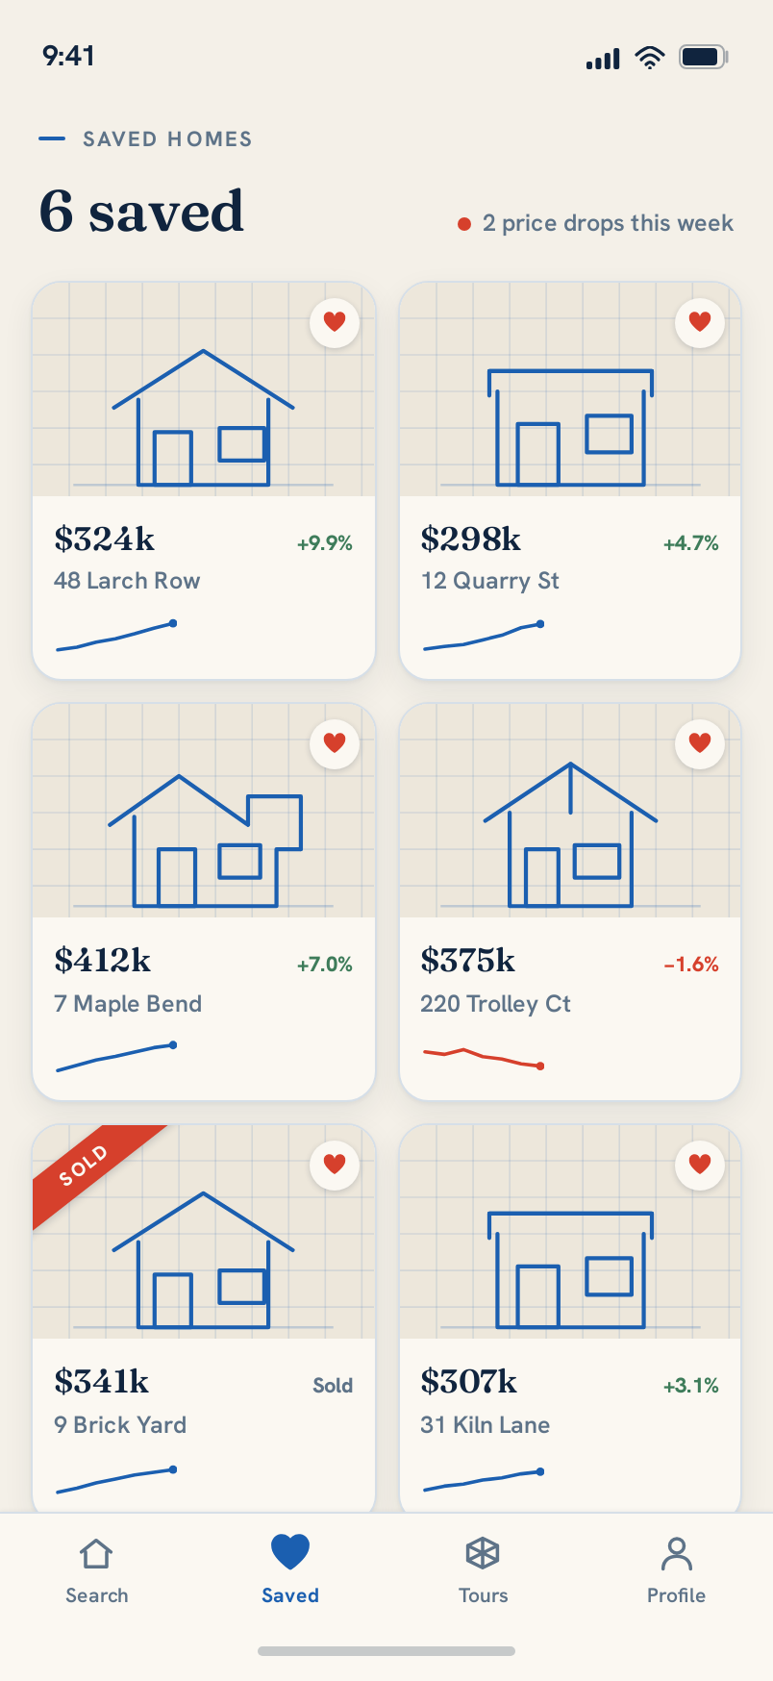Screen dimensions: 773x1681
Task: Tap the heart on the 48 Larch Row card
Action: (x=335, y=322)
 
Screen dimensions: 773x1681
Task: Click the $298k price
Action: (x=470, y=539)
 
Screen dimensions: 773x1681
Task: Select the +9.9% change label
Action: (x=325, y=543)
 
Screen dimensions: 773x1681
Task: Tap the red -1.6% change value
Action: (x=691, y=965)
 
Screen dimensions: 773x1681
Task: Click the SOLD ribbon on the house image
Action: (x=85, y=1166)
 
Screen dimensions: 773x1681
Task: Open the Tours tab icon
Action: (x=483, y=1552)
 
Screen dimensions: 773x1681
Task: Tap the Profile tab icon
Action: (x=677, y=1552)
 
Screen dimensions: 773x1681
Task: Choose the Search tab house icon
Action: (x=96, y=1553)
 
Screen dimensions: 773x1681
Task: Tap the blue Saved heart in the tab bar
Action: (x=290, y=1551)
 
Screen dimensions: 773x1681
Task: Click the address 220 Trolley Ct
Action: (x=495, y=1004)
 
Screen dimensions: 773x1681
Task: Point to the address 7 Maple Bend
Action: (x=128, y=1004)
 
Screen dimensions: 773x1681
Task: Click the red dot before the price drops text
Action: (x=464, y=224)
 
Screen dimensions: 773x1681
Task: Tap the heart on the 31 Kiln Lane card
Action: (x=700, y=1165)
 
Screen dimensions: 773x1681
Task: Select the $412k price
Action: (x=103, y=961)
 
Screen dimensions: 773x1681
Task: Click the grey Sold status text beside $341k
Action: (x=333, y=1386)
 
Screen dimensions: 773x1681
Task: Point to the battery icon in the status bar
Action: (x=704, y=57)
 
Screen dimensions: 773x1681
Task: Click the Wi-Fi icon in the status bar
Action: (x=650, y=58)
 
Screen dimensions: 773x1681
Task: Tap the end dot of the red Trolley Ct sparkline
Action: (x=540, y=1066)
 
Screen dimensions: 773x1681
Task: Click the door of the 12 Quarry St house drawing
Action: (x=537, y=454)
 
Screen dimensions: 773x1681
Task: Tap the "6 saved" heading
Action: (x=141, y=212)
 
